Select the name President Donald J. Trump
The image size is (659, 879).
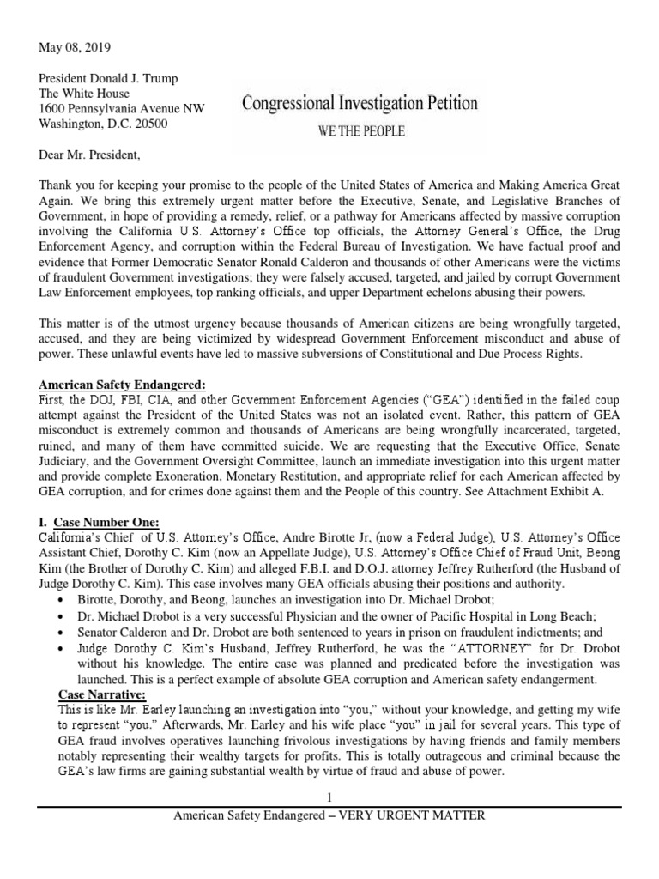108,78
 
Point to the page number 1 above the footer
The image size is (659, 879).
329,797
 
